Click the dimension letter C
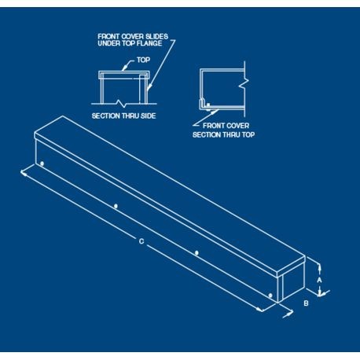click(141, 241)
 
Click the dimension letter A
click(319, 280)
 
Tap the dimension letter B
click(306, 303)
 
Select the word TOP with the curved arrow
click(143, 60)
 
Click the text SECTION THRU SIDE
click(123, 116)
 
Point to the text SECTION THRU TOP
click(223, 134)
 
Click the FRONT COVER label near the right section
click(226, 126)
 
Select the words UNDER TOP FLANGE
click(130, 43)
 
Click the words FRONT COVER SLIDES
click(133, 36)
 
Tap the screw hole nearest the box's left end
click(42, 163)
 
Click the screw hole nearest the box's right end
click(270, 296)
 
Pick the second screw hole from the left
click(116, 207)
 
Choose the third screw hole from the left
click(197, 253)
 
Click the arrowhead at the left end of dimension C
click(23, 173)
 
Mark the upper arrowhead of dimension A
click(319, 267)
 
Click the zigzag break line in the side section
click(121, 103)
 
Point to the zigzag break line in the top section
click(244, 82)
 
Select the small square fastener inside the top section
click(208, 105)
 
